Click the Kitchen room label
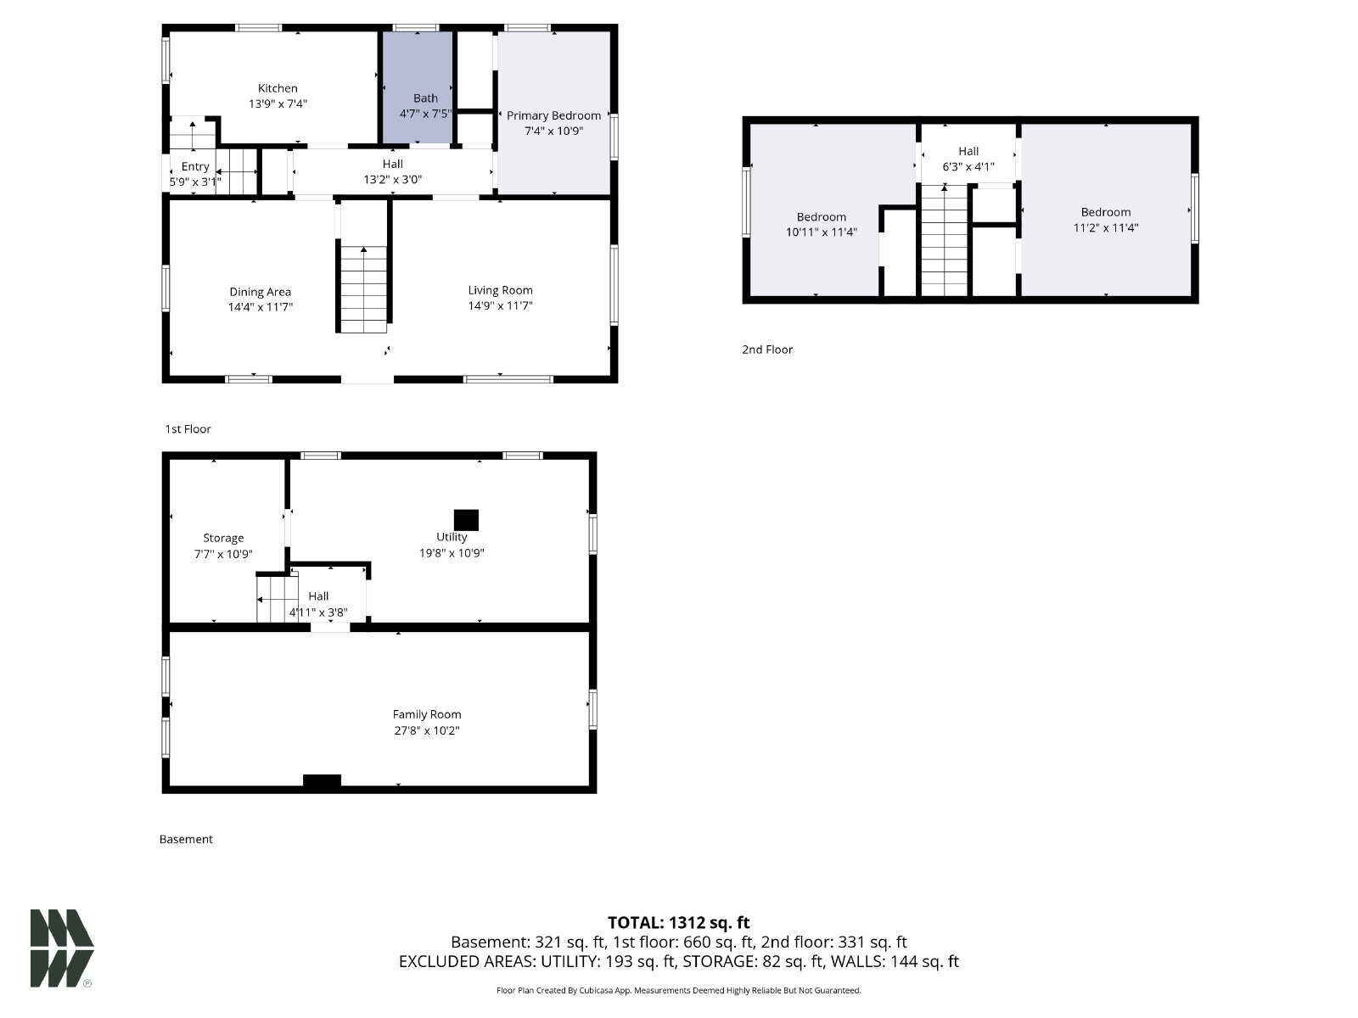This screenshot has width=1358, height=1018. point(278,88)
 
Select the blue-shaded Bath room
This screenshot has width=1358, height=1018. point(418,87)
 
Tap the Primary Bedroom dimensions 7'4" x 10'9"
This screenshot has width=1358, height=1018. point(553,131)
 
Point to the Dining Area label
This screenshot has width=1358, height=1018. point(260,292)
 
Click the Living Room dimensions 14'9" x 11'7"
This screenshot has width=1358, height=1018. point(500,305)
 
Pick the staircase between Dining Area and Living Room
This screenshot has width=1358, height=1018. point(364,289)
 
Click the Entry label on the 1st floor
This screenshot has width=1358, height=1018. point(195,167)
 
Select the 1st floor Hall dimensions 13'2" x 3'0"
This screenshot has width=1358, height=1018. point(392,179)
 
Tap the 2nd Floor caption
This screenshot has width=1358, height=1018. point(767,350)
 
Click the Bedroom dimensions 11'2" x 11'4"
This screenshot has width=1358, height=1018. point(1106,227)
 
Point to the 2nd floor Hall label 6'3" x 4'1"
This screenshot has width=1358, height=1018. point(968,159)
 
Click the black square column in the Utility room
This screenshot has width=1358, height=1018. point(466,520)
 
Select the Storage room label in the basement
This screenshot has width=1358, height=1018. point(223,538)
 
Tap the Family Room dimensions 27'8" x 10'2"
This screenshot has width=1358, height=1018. point(426,730)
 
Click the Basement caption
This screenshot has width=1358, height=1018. point(186,839)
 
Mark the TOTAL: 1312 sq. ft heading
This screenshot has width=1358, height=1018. point(678,923)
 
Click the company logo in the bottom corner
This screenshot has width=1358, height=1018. point(62,948)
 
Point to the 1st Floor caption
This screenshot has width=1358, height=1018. point(188,429)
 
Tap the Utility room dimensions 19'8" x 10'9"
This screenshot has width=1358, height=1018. point(451,553)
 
